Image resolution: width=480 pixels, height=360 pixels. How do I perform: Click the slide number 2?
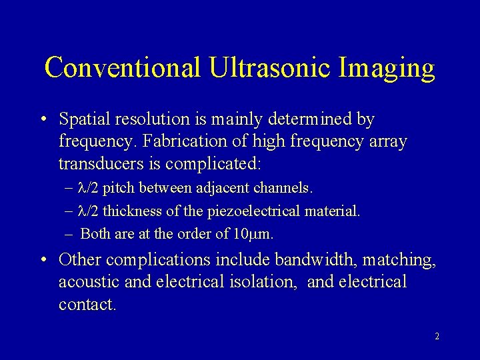click(x=437, y=337)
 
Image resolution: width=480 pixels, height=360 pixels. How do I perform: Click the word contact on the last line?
click(x=87, y=305)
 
